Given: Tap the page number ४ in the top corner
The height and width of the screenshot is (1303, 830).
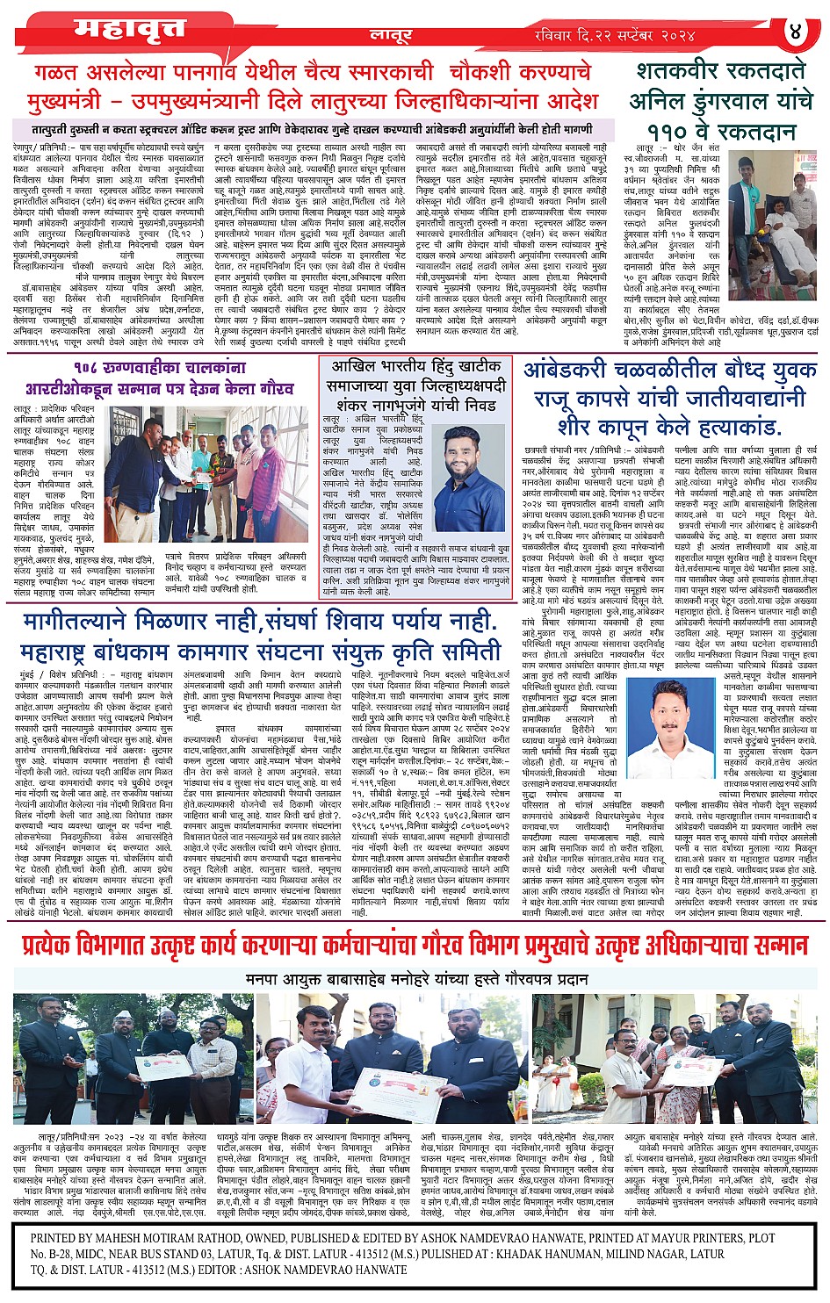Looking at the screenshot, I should [x=797, y=32].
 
